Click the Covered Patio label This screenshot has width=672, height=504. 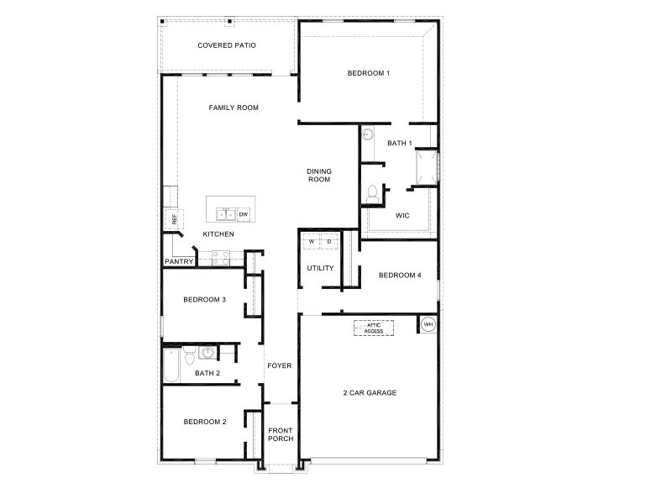click(227, 45)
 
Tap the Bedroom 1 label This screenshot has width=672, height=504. click(369, 73)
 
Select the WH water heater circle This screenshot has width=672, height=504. click(428, 324)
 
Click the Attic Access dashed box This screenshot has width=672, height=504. click(374, 328)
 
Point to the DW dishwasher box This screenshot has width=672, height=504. click(243, 214)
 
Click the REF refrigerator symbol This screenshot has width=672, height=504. click(175, 219)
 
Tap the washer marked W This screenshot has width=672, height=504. click(312, 242)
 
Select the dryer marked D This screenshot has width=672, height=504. click(329, 242)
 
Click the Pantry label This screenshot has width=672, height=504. click(179, 261)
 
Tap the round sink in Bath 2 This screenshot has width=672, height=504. click(207, 352)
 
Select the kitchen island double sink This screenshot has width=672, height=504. click(225, 214)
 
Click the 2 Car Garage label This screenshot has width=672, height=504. click(370, 392)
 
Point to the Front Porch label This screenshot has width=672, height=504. click(281, 434)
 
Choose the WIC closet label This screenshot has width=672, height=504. click(402, 215)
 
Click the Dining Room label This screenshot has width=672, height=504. click(318, 175)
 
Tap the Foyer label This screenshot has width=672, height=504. click(279, 365)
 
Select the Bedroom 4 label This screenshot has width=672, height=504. click(400, 275)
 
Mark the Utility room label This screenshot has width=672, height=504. click(320, 268)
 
